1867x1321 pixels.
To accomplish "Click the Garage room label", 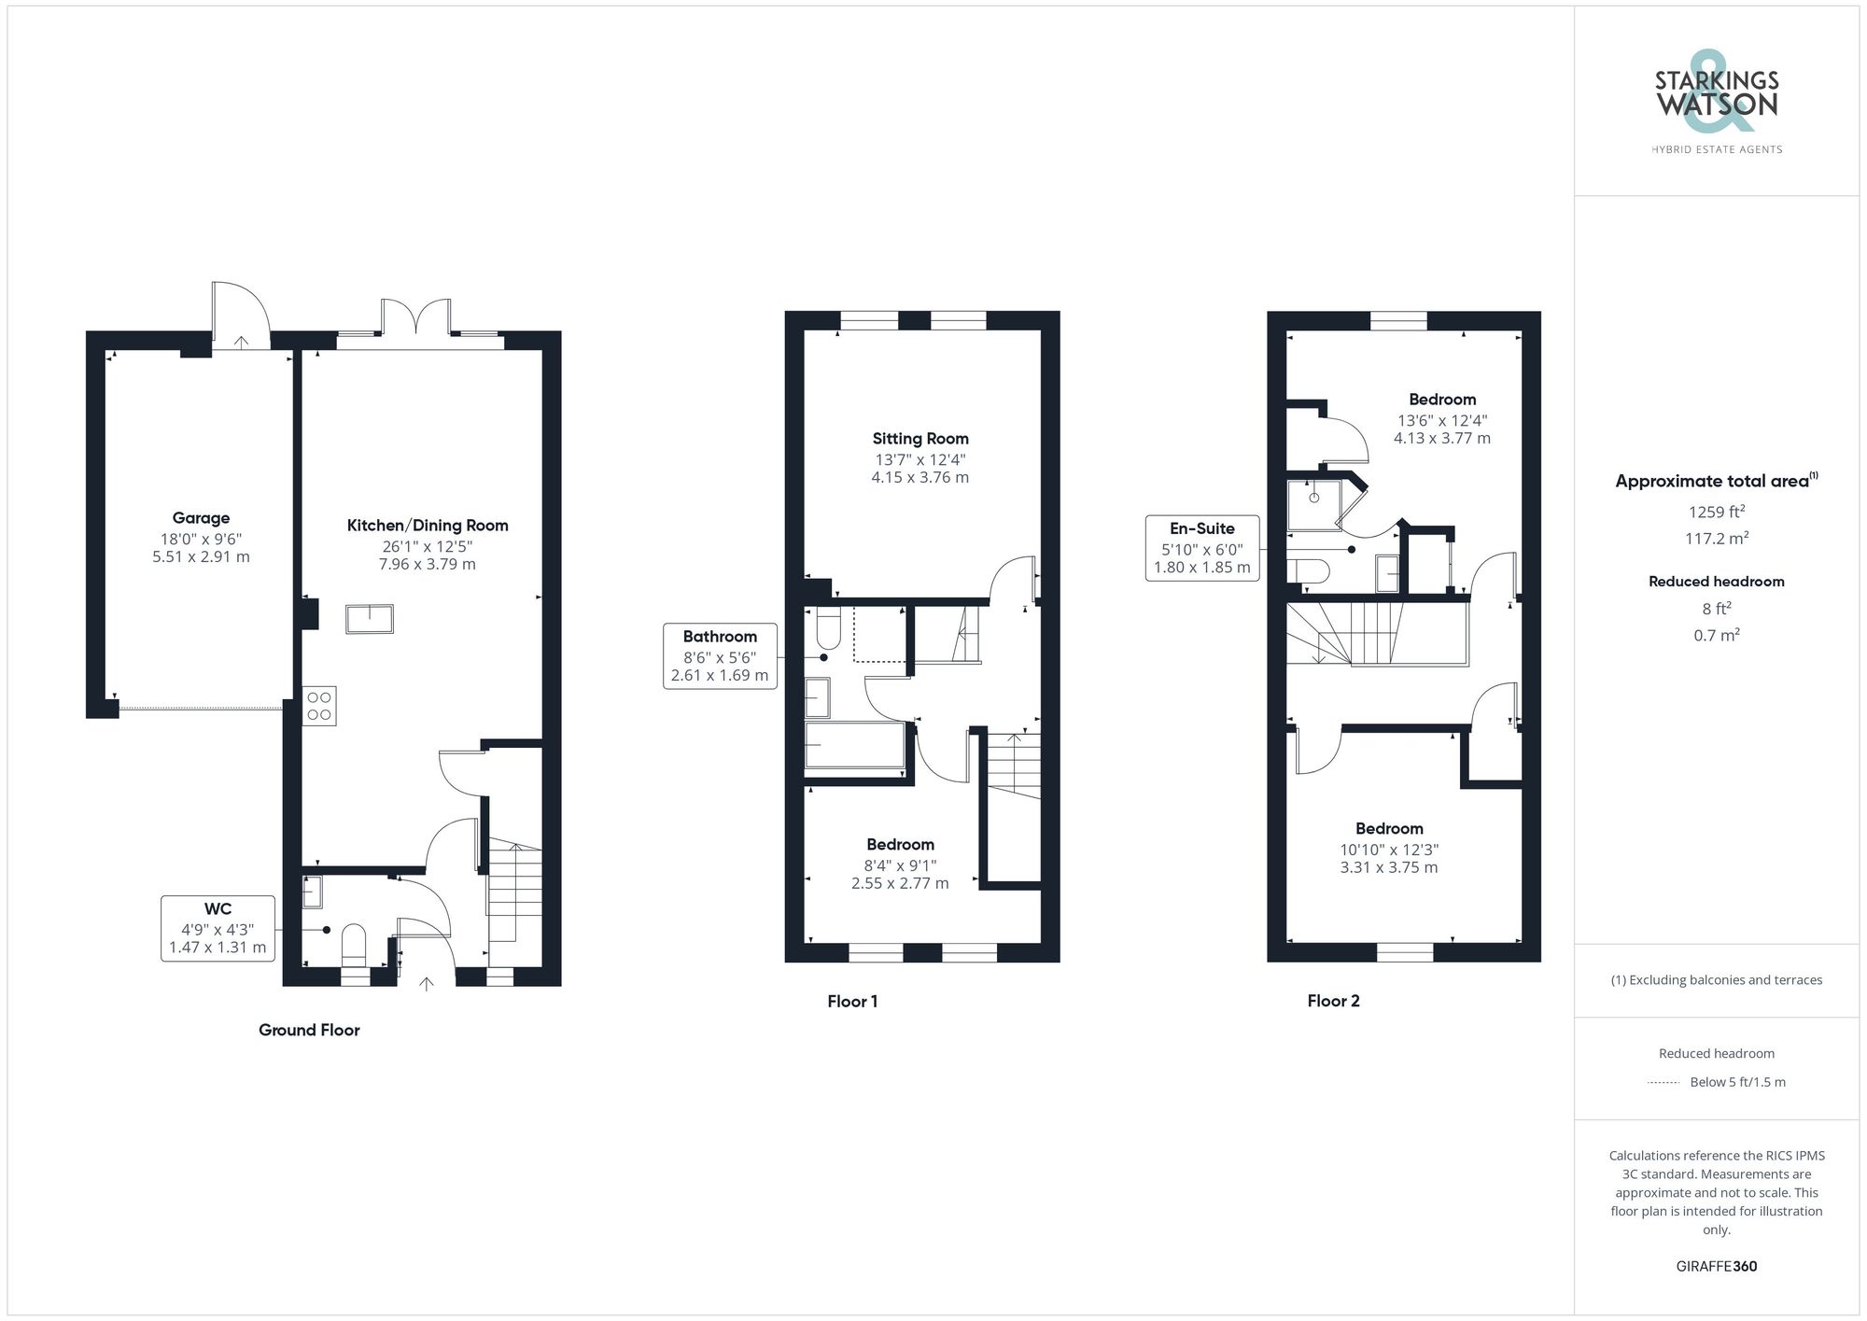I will (x=201, y=518).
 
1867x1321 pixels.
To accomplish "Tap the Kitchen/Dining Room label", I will (x=428, y=526).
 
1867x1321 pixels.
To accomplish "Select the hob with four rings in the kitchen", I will (x=319, y=706).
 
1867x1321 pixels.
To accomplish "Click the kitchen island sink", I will (x=370, y=619).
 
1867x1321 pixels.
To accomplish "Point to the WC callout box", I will (x=218, y=928).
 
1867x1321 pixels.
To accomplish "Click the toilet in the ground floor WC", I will (x=354, y=942).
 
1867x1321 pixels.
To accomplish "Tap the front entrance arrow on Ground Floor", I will (x=427, y=983).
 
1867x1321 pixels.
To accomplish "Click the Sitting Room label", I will (x=920, y=439).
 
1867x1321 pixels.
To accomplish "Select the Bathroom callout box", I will (x=719, y=655).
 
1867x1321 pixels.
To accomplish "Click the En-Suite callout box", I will (x=1201, y=548).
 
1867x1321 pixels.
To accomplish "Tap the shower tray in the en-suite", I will (x=1313, y=504).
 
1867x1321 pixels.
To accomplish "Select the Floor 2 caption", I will (x=1333, y=1001).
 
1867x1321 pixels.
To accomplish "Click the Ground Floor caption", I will (x=309, y=1030).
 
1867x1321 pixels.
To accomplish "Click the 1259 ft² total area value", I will (x=1716, y=512).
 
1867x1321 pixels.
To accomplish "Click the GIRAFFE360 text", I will (x=1716, y=1266).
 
